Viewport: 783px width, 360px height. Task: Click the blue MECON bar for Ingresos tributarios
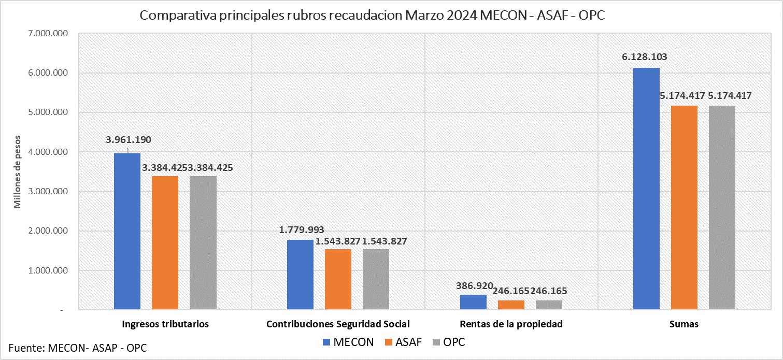coord(127,232)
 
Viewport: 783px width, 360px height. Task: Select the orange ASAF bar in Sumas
coord(684,208)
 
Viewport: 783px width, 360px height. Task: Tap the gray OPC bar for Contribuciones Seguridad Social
coord(376,280)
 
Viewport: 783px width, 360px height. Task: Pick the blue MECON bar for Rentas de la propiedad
coord(473,303)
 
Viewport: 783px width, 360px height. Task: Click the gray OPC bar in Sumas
coord(722,208)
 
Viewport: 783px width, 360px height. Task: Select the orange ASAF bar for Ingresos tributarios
coord(165,243)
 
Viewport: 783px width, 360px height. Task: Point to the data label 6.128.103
coord(644,57)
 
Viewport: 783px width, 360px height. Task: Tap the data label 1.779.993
coord(302,229)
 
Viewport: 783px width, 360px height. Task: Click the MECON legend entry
coord(348,342)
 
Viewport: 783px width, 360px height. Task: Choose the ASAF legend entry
coord(403,342)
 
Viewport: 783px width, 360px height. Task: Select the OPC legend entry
coord(448,342)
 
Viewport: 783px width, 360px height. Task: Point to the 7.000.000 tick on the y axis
coord(47,34)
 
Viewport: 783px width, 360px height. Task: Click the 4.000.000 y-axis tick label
coord(47,152)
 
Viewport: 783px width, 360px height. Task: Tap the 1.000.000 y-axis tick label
coord(47,271)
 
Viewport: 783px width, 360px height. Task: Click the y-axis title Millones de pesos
coord(18,171)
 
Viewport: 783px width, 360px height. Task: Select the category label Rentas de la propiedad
coord(510,324)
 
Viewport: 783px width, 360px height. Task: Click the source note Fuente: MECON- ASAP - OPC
coord(78,348)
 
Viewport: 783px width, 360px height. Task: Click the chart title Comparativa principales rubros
coord(372,16)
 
